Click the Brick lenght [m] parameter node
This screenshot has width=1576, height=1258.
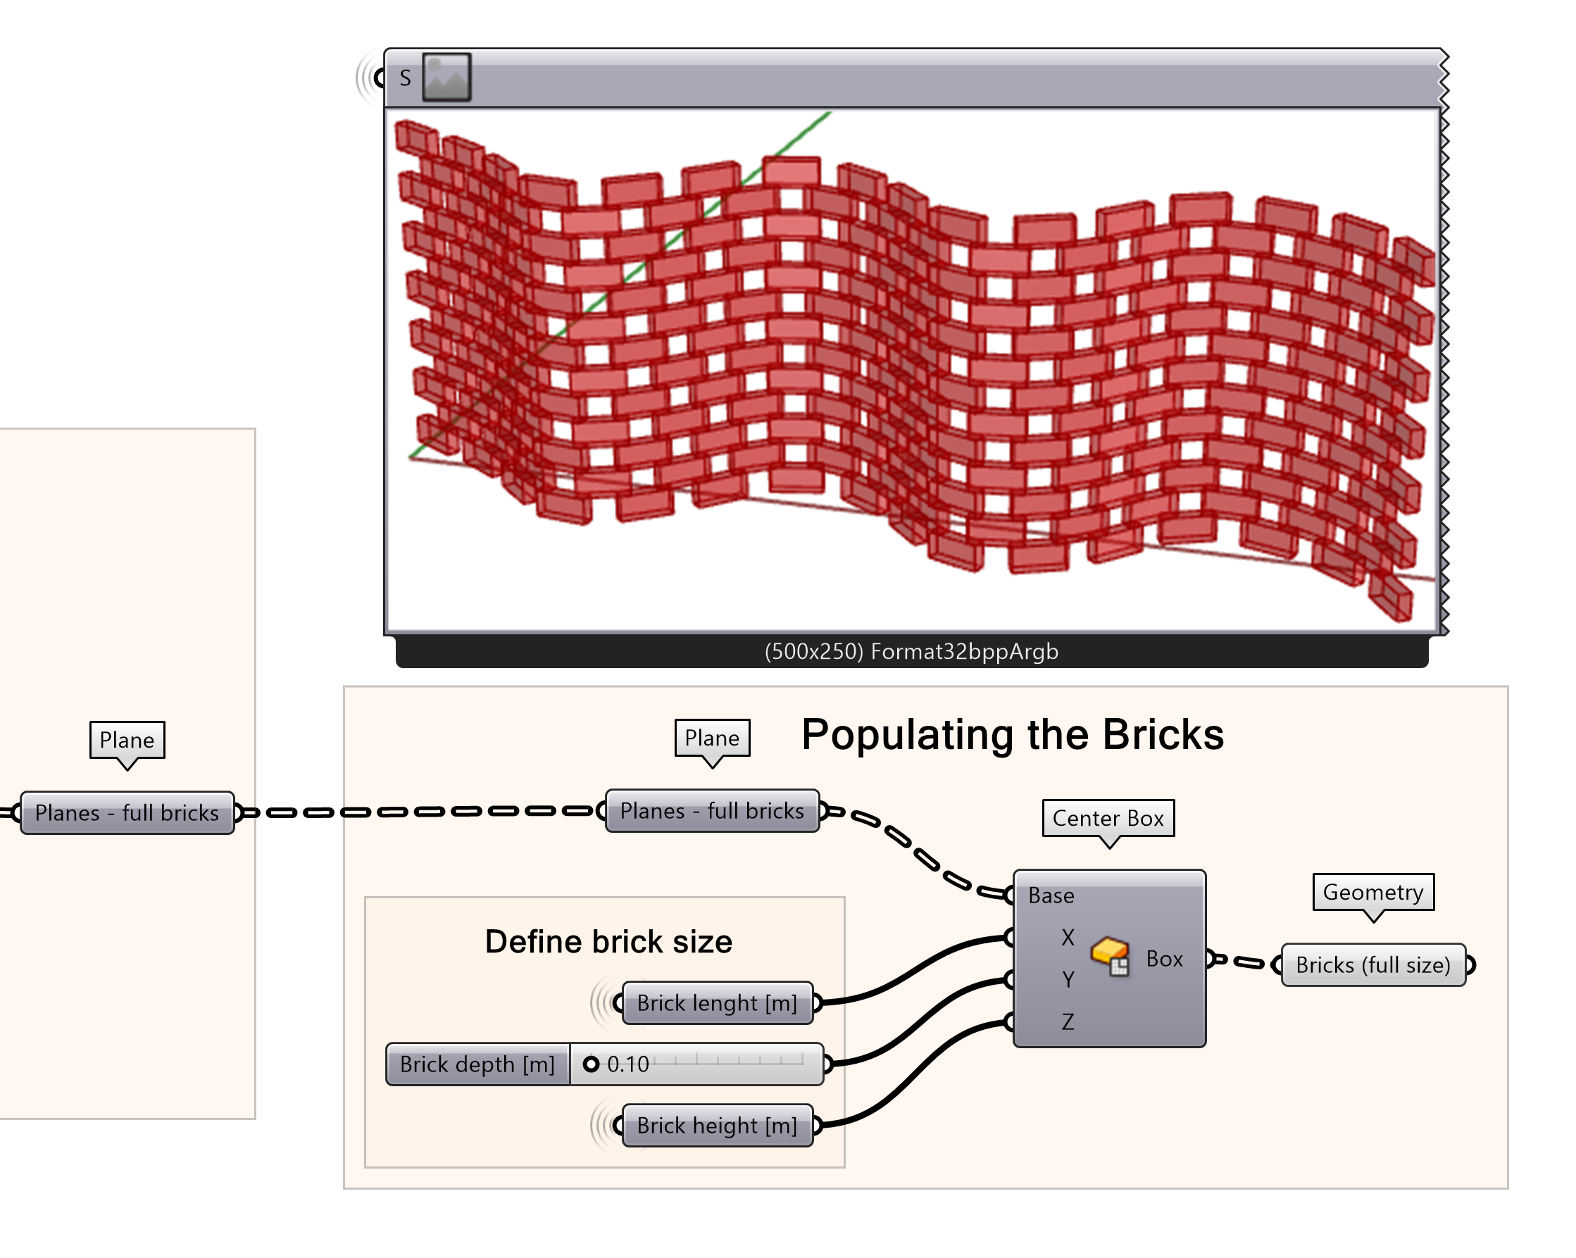(716, 1003)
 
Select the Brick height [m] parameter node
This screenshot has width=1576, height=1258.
(716, 1126)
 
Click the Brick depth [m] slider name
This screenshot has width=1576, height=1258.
(477, 1064)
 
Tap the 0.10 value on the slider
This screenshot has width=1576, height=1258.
(627, 1064)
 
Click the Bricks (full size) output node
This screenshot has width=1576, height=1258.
(1372, 965)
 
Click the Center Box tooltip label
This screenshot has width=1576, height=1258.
(1108, 818)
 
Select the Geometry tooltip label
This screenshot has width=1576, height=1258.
(1372, 892)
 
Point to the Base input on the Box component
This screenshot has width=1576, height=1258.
(1051, 895)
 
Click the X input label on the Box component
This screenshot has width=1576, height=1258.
(1068, 937)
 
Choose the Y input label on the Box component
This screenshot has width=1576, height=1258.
(1068, 980)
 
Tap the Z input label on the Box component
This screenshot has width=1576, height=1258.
(1068, 1021)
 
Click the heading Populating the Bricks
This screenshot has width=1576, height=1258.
(1013, 734)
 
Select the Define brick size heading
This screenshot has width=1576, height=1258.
(608, 942)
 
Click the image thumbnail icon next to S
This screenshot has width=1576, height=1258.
(446, 77)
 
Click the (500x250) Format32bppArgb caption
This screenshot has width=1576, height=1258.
(911, 651)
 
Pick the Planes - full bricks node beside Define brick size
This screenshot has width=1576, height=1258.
(712, 811)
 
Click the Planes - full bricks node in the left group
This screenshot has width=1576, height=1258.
(127, 813)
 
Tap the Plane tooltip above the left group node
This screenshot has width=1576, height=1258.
(127, 740)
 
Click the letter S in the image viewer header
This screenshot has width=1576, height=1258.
(405, 78)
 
